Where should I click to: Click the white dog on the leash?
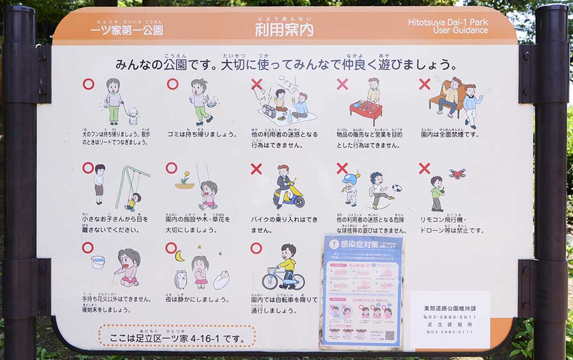click(133, 116)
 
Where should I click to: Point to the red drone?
click(457, 174)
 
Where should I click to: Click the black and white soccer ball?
click(397, 188)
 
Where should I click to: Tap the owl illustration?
click(180, 279)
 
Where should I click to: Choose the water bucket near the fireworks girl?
click(98, 262)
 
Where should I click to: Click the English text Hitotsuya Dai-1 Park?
click(448, 22)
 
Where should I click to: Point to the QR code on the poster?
click(390, 335)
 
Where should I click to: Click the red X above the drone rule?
click(424, 168)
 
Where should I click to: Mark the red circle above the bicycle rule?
click(256, 248)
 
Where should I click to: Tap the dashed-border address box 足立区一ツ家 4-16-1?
click(176, 336)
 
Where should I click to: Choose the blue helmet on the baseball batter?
click(350, 179)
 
